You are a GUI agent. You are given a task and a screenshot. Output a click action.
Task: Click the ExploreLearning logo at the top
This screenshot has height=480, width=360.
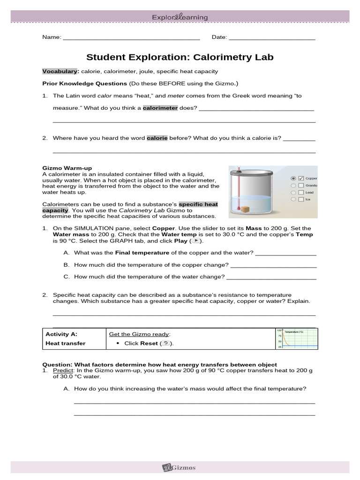click(180, 17)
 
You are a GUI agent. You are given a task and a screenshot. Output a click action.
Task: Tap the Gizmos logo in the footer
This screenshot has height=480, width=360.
click(180, 467)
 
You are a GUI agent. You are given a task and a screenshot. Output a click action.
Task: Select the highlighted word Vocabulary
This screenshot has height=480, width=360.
click(60, 71)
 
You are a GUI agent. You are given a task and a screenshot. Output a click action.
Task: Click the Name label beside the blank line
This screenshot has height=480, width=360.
click(52, 37)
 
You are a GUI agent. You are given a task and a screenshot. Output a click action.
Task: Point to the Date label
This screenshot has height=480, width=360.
click(219, 37)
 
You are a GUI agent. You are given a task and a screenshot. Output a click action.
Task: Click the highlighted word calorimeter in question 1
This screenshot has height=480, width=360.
click(160, 108)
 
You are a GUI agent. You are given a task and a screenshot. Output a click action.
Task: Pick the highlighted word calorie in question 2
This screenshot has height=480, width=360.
click(157, 138)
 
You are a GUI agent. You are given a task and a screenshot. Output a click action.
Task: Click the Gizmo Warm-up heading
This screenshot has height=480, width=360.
click(67, 168)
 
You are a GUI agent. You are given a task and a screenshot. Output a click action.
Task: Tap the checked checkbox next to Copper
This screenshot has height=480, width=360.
click(301, 178)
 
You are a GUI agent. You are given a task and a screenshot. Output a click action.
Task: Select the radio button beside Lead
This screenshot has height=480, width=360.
click(293, 192)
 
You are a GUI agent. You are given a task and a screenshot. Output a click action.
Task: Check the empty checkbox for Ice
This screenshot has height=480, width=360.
click(301, 199)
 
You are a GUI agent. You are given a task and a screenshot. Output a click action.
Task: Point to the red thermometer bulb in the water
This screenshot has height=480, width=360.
click(239, 208)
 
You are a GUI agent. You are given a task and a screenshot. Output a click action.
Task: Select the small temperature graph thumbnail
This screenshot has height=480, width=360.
click(297, 338)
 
